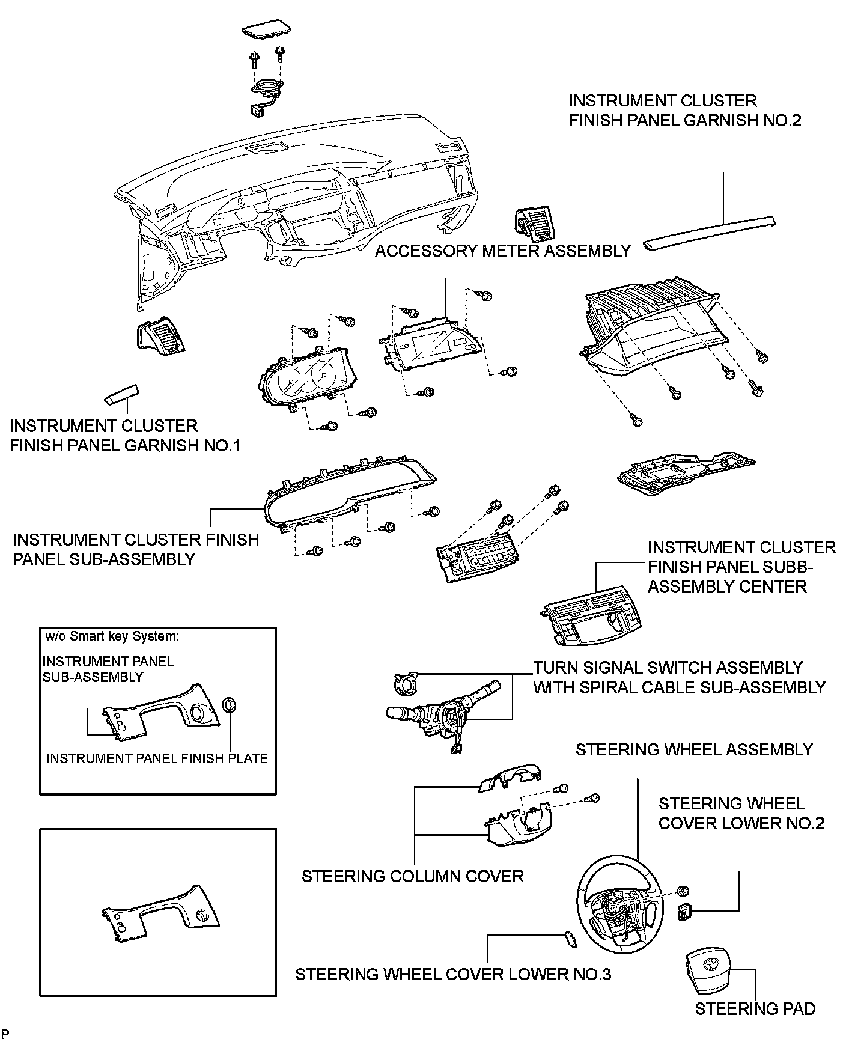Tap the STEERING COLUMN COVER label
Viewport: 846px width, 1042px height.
[412, 876]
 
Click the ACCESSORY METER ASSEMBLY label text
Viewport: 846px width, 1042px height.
[503, 251]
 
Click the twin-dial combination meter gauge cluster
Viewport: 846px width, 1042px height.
[307, 378]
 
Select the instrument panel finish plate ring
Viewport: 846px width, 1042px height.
[229, 704]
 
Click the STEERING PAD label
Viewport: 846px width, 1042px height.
[755, 1009]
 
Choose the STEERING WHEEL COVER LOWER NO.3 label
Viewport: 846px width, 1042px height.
[452, 973]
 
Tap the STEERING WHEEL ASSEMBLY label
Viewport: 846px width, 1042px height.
[693, 749]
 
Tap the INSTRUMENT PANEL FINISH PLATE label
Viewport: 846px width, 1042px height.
[157, 758]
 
